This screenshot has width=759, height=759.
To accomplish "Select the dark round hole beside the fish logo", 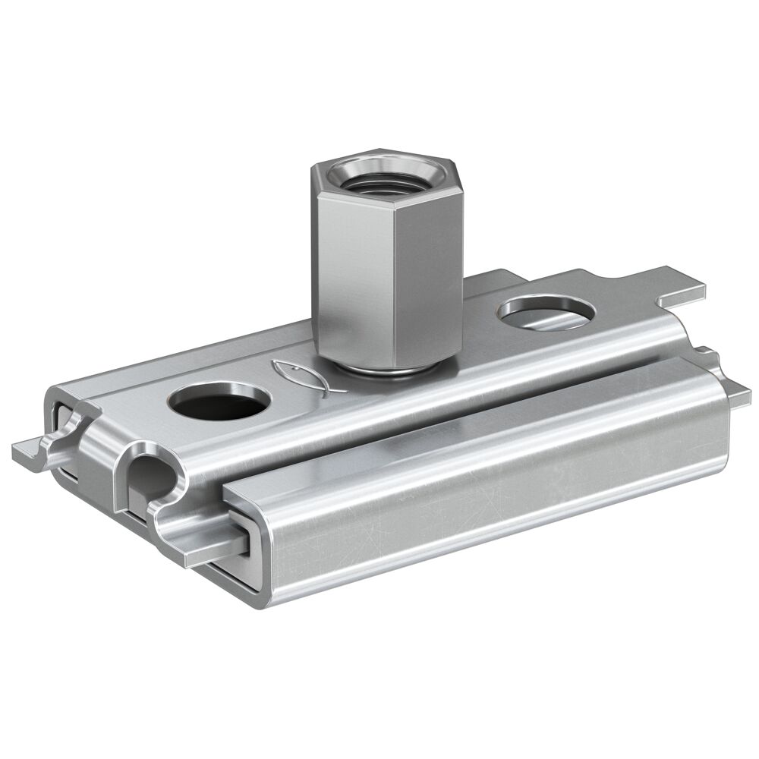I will pyautogui.click(x=219, y=402).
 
